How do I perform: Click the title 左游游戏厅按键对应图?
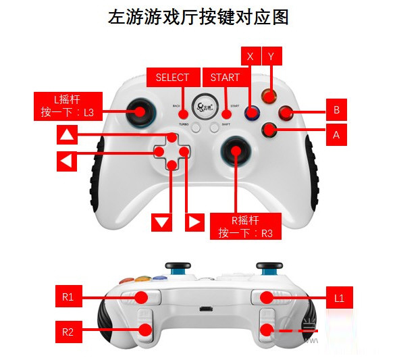pyautogui.click(x=198, y=18)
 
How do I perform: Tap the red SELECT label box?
pyautogui.click(x=172, y=77)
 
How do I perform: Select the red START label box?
pyautogui.click(x=225, y=77)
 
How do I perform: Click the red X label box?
pyautogui.click(x=251, y=56)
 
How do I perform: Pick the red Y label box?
pyautogui.click(x=271, y=56)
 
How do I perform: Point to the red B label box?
pyautogui.click(x=336, y=109)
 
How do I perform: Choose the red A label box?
pyautogui.click(x=336, y=134)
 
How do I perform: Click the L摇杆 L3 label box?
pyautogui.click(x=69, y=107)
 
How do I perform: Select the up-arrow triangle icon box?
pyautogui.click(x=66, y=135)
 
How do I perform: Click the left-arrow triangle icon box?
pyautogui.click(x=66, y=161)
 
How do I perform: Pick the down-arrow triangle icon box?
pyautogui.click(x=161, y=222)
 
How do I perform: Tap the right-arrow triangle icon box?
pyautogui.click(x=194, y=222)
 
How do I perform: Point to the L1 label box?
pyautogui.click(x=340, y=296)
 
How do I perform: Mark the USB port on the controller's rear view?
pyautogui.click(x=203, y=311)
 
